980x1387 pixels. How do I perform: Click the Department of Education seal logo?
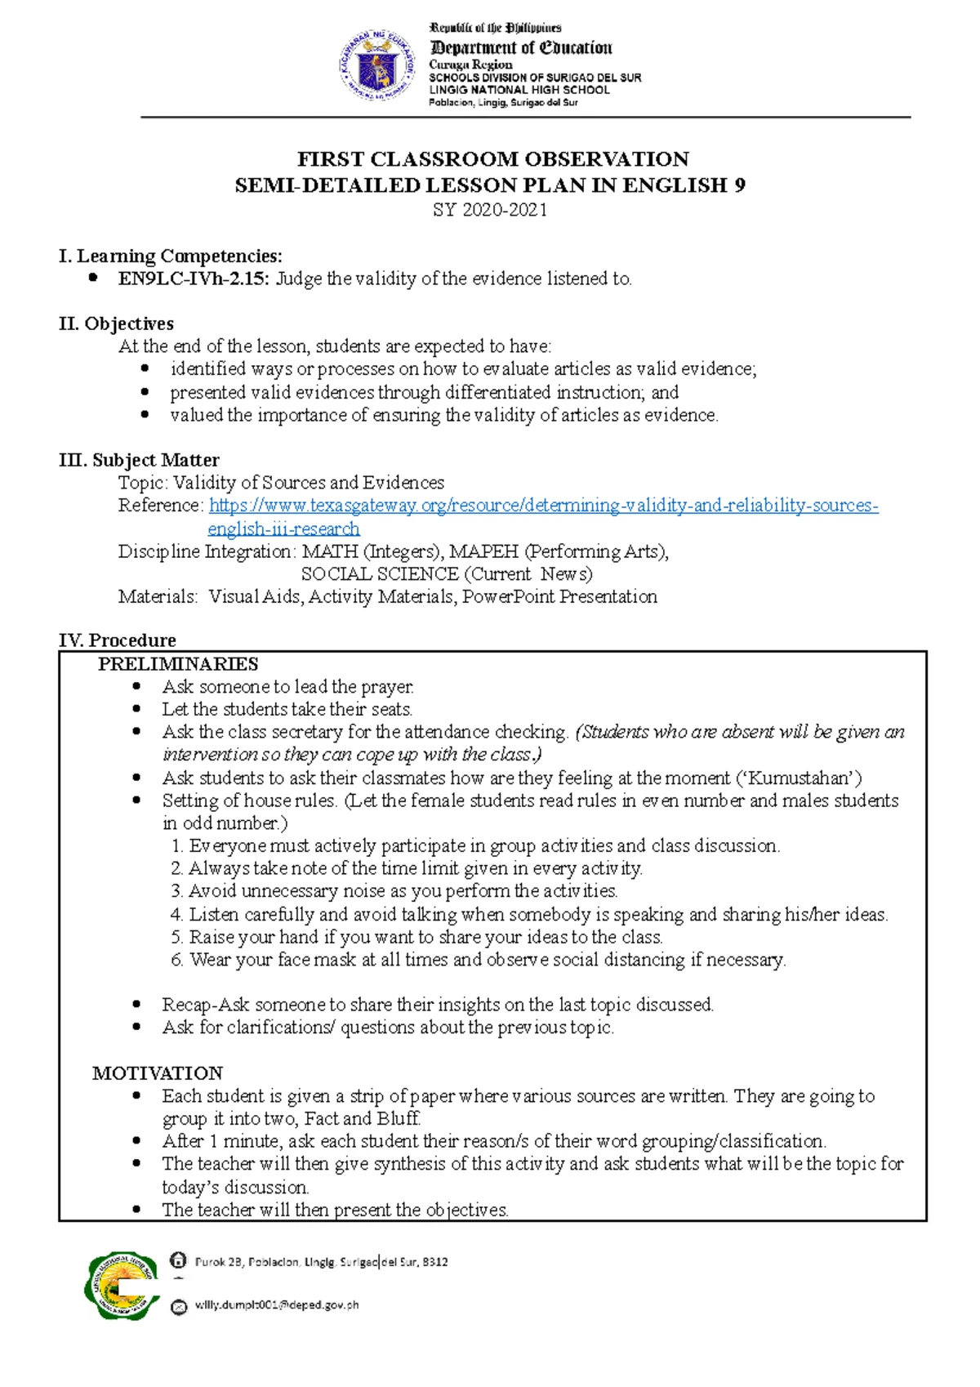(376, 65)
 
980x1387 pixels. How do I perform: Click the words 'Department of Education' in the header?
(521, 47)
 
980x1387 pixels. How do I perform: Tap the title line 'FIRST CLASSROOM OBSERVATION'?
(492, 158)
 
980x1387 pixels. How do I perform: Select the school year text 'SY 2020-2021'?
(490, 210)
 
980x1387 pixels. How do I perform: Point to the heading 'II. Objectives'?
(116, 323)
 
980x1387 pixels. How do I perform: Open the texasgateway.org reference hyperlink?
(543, 506)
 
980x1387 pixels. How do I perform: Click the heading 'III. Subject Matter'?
(139, 460)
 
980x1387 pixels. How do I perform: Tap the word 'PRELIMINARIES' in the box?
(178, 663)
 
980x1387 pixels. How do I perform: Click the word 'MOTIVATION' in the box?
(158, 1073)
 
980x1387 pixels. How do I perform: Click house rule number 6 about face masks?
(479, 960)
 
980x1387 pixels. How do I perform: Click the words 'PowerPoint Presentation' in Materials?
(559, 597)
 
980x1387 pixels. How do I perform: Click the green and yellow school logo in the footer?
(121, 1284)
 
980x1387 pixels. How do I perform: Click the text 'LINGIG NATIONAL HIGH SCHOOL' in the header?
(519, 90)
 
